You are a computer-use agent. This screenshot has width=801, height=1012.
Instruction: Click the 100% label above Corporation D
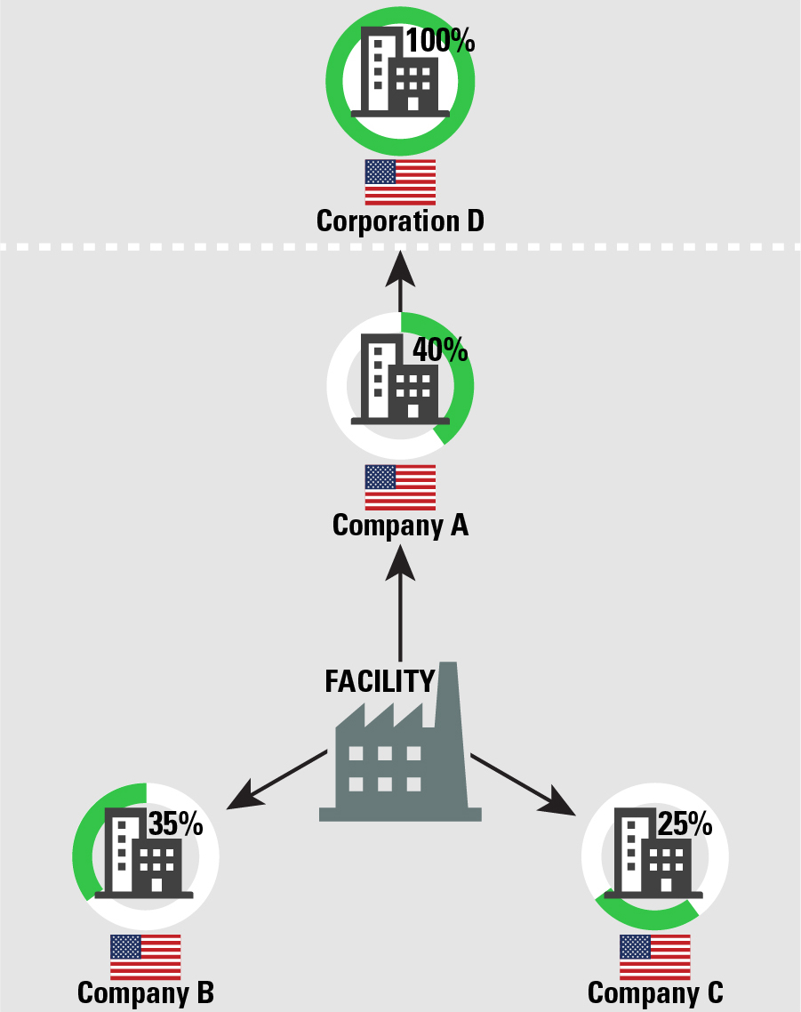click(x=440, y=41)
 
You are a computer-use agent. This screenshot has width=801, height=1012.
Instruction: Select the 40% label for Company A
click(x=439, y=349)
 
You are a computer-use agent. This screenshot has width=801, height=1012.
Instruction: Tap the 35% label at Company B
click(x=175, y=824)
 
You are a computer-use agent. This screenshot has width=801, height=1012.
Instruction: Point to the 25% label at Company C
click(x=685, y=824)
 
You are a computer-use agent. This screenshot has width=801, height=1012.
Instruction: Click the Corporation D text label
click(x=400, y=221)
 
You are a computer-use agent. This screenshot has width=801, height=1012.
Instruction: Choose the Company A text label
click(x=400, y=526)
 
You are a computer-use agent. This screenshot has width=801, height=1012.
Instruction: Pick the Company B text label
click(x=146, y=992)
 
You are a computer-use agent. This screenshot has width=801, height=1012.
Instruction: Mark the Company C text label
click(x=655, y=992)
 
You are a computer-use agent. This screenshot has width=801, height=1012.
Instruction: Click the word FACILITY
click(x=380, y=681)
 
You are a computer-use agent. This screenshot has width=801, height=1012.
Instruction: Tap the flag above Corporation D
click(x=400, y=182)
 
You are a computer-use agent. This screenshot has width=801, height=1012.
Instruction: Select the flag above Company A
click(x=400, y=487)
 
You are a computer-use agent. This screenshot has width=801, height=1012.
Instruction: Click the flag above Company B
click(x=145, y=957)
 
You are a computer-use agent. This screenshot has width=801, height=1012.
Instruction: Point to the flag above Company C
click(x=655, y=957)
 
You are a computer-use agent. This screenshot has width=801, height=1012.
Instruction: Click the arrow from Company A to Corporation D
click(x=400, y=280)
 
